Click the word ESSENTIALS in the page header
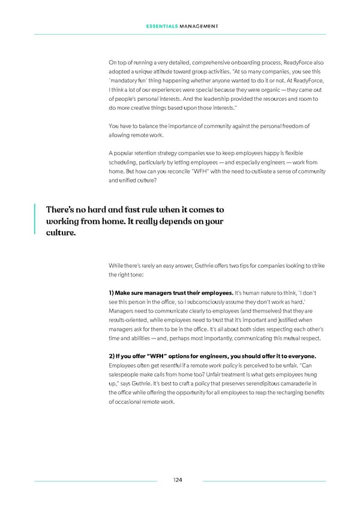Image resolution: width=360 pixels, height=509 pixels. (x=160, y=25)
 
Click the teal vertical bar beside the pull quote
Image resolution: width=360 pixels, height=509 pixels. (x=35, y=221)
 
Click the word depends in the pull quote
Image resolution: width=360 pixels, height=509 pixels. (x=172, y=221)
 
